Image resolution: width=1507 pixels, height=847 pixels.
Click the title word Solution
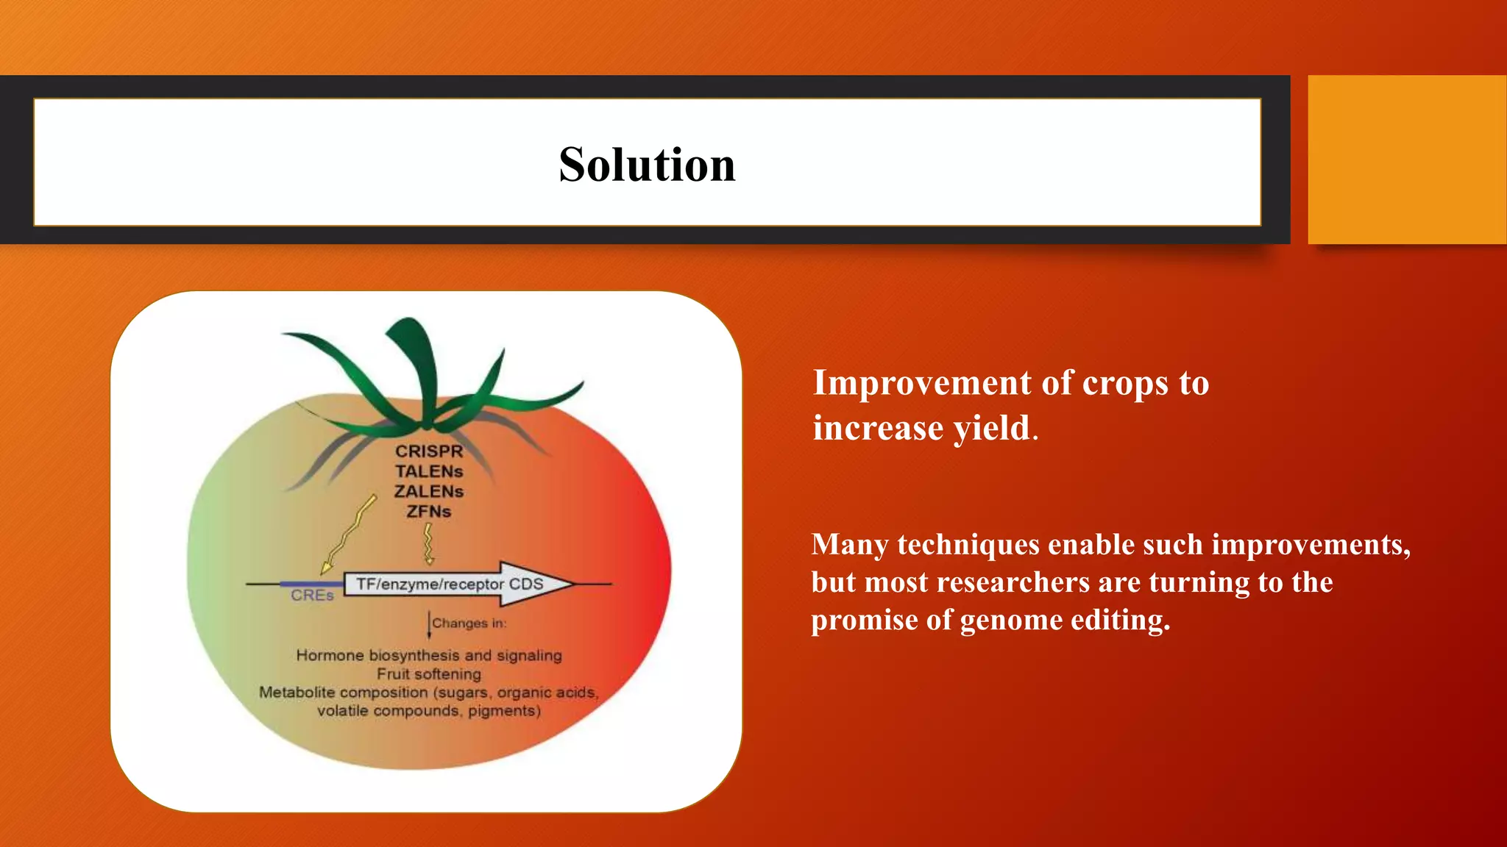coord(647,164)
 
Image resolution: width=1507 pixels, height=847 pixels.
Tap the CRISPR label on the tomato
coord(429,451)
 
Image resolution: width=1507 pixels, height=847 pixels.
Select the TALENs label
coord(429,471)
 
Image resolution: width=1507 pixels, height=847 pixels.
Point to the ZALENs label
coord(429,491)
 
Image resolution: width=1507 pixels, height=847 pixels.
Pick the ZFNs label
coord(429,511)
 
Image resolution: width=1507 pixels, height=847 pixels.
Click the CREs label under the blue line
coord(312,596)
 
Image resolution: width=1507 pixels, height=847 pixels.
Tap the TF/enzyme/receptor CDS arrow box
coord(450,584)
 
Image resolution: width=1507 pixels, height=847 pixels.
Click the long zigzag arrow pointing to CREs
coord(350,534)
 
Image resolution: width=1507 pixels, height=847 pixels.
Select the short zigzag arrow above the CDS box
coord(428,544)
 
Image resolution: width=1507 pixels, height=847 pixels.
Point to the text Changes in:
coord(469,623)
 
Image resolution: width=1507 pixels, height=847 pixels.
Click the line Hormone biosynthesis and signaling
coord(429,655)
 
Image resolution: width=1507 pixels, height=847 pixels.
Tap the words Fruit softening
coord(429,674)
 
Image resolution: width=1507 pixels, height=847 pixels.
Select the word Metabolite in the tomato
coord(297,693)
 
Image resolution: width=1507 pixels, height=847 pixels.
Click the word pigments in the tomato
coord(504,711)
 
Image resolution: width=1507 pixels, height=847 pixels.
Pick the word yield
coord(992,428)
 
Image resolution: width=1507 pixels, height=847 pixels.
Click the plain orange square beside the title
coord(1406,160)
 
